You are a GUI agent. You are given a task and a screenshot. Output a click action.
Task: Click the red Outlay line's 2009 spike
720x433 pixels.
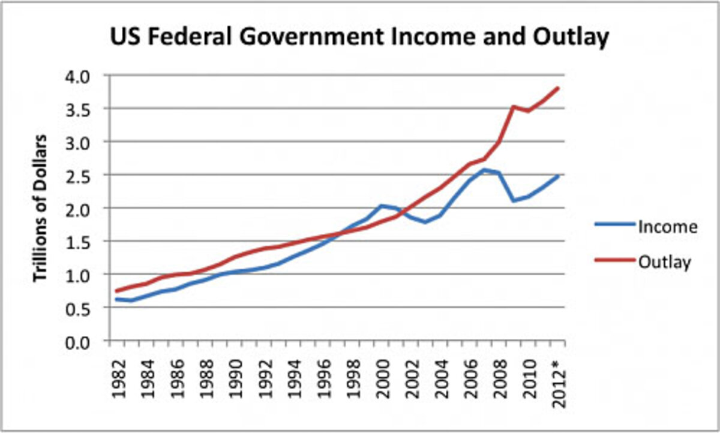(514, 107)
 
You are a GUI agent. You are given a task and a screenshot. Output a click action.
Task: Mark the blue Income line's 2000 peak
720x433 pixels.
(380, 206)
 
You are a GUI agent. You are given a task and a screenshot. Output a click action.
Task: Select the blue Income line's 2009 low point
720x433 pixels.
(514, 200)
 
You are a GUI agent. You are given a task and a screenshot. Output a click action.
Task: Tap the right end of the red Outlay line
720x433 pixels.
(558, 88)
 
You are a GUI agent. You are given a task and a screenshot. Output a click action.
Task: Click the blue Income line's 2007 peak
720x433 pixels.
(484, 170)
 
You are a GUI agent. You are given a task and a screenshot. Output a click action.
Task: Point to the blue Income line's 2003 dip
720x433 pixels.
(425, 222)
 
